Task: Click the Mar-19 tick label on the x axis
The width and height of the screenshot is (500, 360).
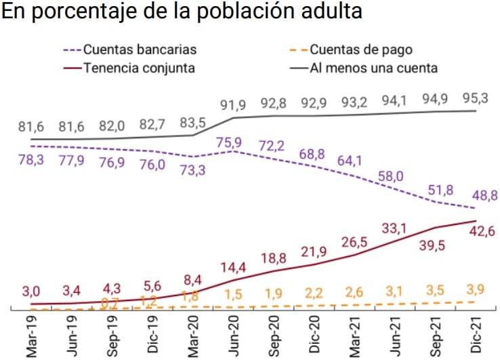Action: [x=32, y=336]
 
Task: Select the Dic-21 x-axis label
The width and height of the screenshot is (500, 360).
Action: [x=476, y=336]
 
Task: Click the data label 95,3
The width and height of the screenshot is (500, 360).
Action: [x=475, y=98]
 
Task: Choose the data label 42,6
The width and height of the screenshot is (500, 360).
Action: [x=475, y=233]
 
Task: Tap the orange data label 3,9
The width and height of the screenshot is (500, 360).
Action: [x=475, y=290]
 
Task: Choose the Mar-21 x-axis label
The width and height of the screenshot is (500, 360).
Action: [x=355, y=336]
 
